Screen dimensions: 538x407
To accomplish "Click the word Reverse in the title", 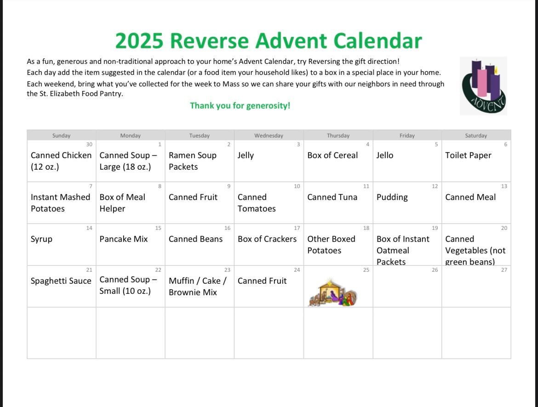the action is [x=209, y=41].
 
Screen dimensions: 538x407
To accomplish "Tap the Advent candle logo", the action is [x=483, y=86].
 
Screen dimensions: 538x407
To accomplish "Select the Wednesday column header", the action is [x=269, y=136].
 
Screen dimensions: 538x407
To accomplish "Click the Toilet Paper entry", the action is [x=468, y=155].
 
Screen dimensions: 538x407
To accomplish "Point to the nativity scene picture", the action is [x=333, y=292].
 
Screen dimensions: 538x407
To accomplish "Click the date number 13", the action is [x=504, y=186].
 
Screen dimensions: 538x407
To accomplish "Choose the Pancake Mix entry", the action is [x=124, y=239].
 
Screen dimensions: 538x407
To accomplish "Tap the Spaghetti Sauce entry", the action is [x=61, y=281].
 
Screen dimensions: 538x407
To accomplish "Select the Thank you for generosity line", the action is [x=240, y=106].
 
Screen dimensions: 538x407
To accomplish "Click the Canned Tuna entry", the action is [x=332, y=197].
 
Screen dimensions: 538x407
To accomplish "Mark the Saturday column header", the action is [x=476, y=136].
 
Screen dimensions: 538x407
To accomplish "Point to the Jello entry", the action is [x=384, y=155].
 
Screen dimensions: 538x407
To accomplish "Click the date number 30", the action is [x=89, y=144].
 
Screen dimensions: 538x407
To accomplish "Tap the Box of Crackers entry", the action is [x=267, y=239].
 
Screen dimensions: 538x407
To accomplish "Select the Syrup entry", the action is [x=41, y=239].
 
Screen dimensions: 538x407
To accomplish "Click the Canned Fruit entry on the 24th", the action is [x=262, y=281].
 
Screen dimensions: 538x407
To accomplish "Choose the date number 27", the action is [x=504, y=270].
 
